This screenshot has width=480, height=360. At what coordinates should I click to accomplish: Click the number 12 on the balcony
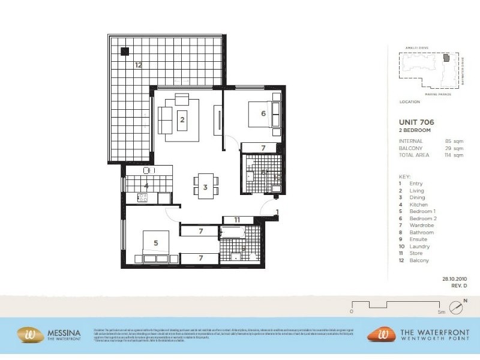[x=138, y=65]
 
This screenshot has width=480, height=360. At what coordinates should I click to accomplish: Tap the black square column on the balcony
[x=124, y=52]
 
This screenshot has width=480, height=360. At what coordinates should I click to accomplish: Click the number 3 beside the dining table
[x=205, y=187]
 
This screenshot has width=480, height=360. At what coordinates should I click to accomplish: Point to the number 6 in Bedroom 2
[x=263, y=113]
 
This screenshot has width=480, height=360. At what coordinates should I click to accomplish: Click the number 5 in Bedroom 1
[x=155, y=243]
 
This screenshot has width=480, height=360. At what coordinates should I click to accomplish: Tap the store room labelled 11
[x=237, y=220]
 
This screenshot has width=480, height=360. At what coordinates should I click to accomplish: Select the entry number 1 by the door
[x=277, y=212]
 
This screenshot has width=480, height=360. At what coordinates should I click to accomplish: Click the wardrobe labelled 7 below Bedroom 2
[x=262, y=148]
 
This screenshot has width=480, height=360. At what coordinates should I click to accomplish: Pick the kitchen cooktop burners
[x=143, y=197]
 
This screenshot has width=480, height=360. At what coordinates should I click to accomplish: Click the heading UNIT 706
[x=416, y=122]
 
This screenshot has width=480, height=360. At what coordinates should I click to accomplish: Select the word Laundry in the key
[x=419, y=247]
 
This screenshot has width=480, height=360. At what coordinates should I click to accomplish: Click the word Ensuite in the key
[x=419, y=239]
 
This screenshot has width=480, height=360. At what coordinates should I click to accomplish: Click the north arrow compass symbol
[x=459, y=308]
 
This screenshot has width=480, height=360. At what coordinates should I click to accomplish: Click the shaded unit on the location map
[x=446, y=58]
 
